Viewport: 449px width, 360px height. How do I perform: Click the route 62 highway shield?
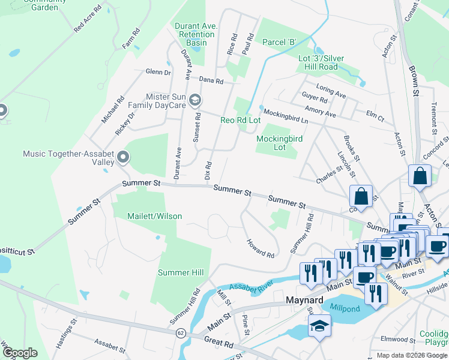180,332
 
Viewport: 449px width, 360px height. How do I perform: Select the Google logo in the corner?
20,353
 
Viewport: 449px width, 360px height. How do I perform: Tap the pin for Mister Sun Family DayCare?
194,100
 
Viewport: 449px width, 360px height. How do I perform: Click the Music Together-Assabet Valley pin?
124,158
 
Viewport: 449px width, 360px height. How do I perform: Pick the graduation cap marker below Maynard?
318,327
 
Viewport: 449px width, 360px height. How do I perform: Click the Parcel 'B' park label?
280,42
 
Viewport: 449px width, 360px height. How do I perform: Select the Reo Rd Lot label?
241,121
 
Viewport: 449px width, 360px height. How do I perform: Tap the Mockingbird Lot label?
279,143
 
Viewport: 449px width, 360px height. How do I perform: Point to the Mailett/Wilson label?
154,216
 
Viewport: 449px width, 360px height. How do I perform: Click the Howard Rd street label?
261,248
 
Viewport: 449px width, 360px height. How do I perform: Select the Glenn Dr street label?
158,72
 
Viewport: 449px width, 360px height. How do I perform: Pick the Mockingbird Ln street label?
286,116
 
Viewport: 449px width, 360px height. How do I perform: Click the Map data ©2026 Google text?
411,355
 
